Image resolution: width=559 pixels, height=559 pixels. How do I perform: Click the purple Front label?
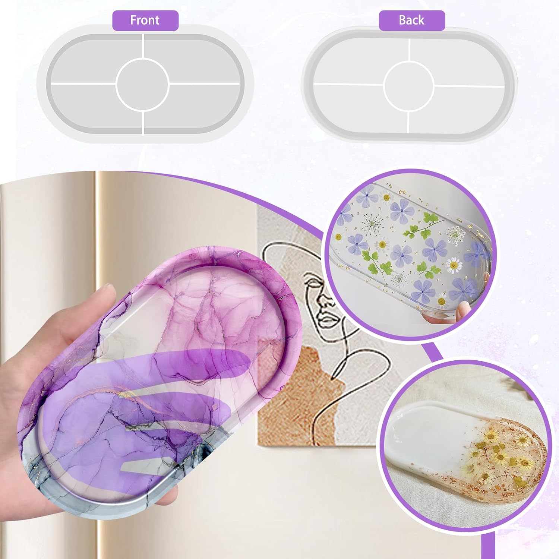145,20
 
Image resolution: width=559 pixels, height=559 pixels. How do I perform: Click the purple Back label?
412,20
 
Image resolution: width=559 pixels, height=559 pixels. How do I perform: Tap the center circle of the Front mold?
143,84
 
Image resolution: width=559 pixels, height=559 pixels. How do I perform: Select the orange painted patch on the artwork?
294,395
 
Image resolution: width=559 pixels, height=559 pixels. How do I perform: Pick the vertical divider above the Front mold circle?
143,46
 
